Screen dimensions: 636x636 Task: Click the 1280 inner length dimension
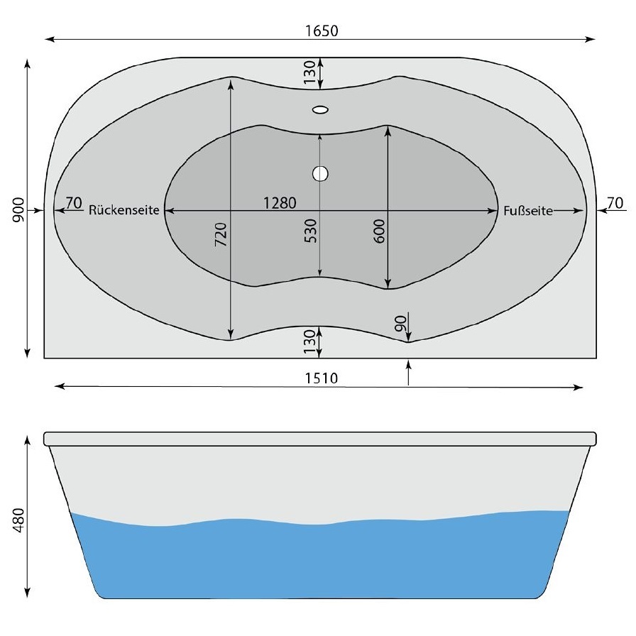click(x=279, y=203)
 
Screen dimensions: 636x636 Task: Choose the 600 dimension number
click(x=379, y=231)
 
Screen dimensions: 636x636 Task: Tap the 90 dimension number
click(x=400, y=324)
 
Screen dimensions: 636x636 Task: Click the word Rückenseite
click(x=125, y=211)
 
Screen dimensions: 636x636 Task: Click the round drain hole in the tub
click(x=320, y=172)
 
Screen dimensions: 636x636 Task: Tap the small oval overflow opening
click(x=320, y=110)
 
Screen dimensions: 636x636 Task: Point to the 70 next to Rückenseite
click(x=74, y=203)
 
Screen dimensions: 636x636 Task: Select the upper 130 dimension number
click(x=309, y=72)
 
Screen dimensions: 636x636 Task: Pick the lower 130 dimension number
click(x=309, y=342)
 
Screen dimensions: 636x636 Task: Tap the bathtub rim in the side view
click(x=319, y=438)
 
